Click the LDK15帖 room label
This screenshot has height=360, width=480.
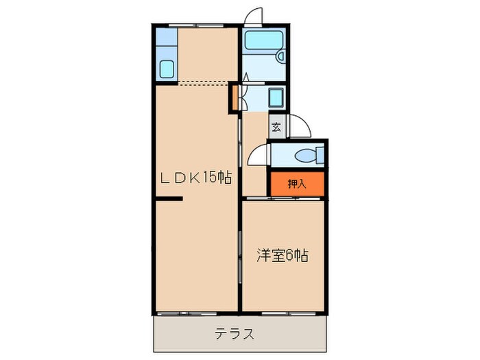[195, 179]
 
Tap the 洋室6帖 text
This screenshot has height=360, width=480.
[283, 256]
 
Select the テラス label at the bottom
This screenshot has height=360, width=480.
[235, 335]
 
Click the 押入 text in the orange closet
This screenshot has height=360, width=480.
[296, 183]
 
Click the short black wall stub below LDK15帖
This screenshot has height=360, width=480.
[168, 200]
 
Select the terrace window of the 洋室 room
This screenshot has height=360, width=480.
[285, 313]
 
